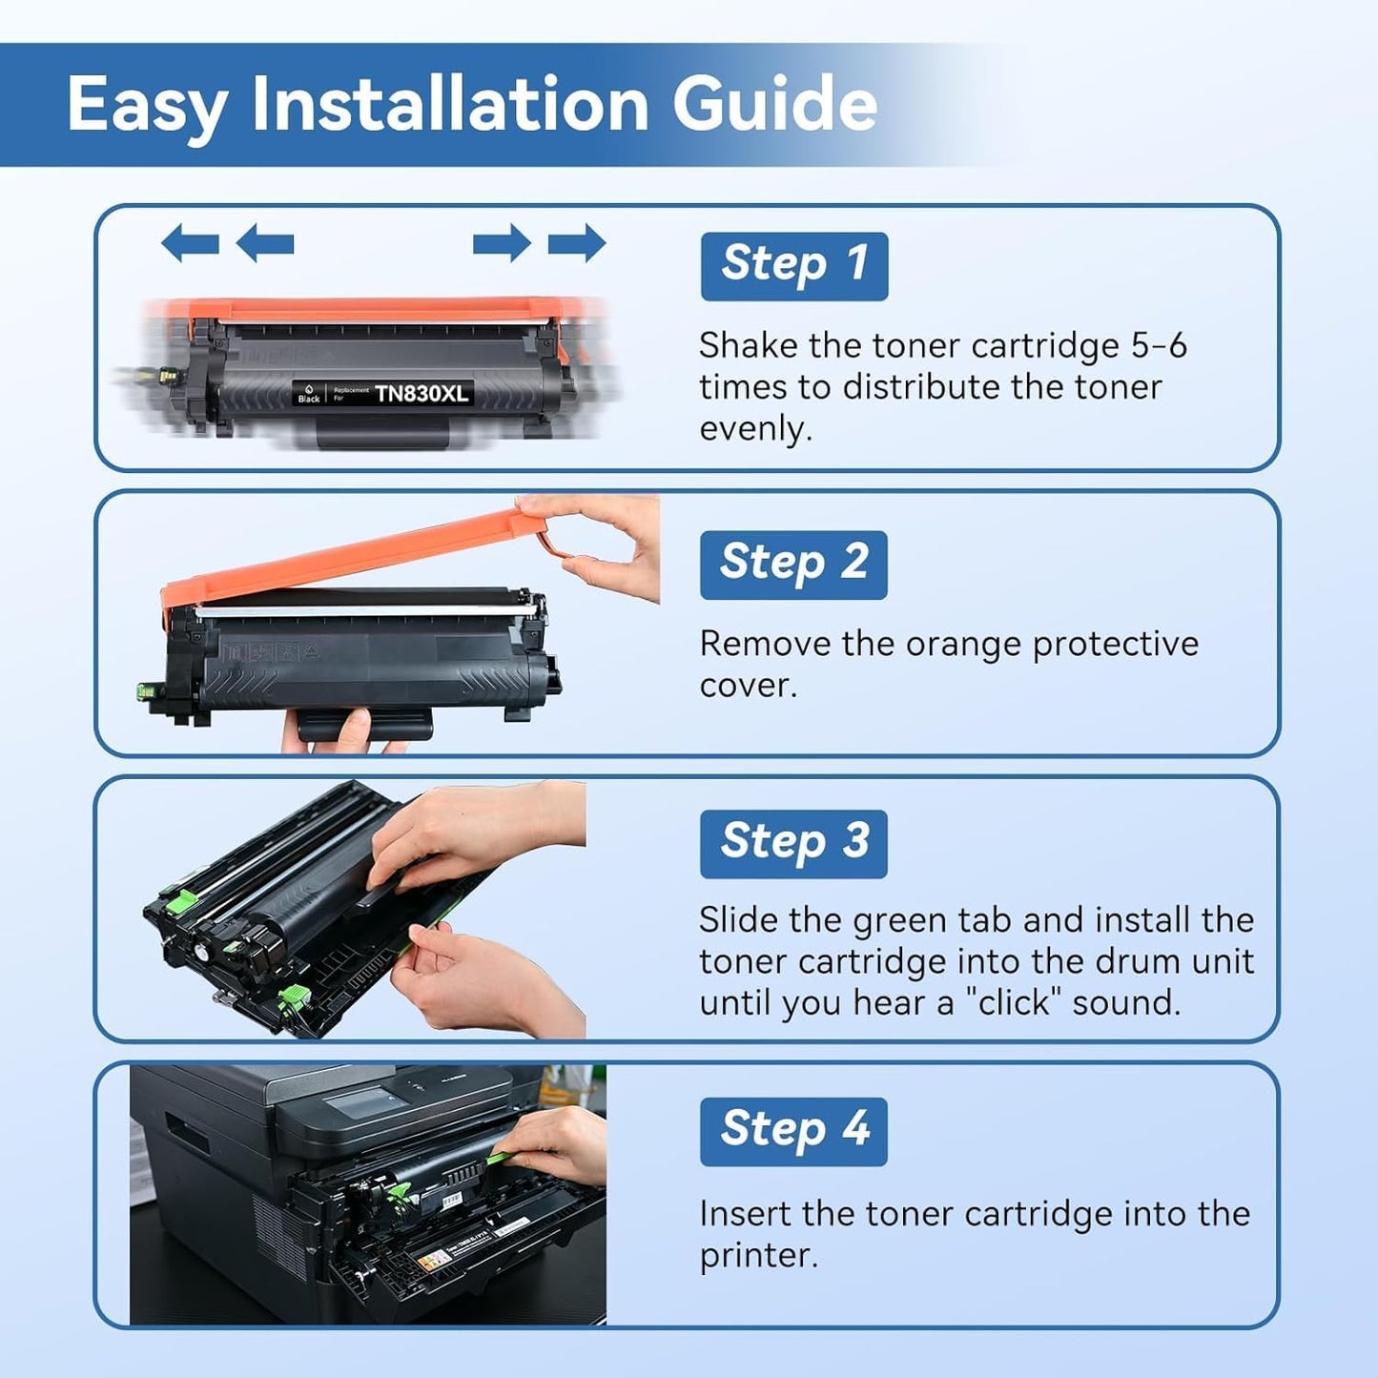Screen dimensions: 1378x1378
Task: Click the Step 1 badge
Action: click(793, 265)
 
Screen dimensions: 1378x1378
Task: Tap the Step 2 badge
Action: click(793, 564)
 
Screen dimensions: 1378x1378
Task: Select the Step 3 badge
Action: click(793, 843)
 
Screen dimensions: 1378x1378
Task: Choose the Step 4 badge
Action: click(793, 1130)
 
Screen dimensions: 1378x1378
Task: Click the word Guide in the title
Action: click(774, 104)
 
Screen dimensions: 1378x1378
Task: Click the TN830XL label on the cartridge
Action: click(422, 394)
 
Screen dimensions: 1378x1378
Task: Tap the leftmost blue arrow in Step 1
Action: click(190, 243)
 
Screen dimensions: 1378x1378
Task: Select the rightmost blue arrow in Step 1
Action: click(577, 243)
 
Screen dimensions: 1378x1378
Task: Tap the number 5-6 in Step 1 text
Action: click(1159, 345)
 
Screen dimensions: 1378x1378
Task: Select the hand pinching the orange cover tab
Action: click(601, 548)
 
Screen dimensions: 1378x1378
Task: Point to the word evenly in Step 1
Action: click(754, 429)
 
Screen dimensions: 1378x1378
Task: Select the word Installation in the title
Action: click(451, 104)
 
